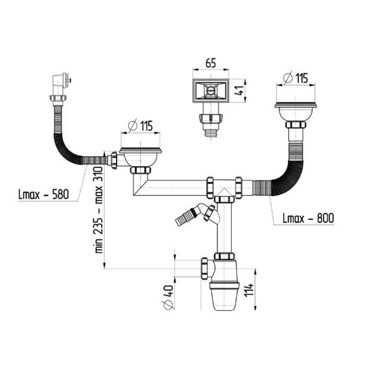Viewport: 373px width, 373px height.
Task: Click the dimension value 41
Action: [x=240, y=91]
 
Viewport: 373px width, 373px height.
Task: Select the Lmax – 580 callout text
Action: [x=44, y=194]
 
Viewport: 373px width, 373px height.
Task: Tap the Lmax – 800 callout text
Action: [x=309, y=218]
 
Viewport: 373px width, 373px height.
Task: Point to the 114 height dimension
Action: [x=249, y=290]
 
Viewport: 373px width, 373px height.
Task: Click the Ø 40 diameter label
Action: [x=168, y=297]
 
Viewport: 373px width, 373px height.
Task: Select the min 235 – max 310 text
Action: [x=99, y=210]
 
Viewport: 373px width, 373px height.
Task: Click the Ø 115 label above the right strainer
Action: [x=296, y=78]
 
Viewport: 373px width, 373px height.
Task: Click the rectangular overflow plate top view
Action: [x=211, y=91]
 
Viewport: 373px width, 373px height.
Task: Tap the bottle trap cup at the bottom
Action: [x=224, y=296]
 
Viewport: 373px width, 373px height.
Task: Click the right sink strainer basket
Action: [x=295, y=111]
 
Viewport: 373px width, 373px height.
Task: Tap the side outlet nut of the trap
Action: [x=204, y=269]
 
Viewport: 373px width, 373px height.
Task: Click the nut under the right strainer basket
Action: [x=295, y=125]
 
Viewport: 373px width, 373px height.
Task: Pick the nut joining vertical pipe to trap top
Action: [x=224, y=256]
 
